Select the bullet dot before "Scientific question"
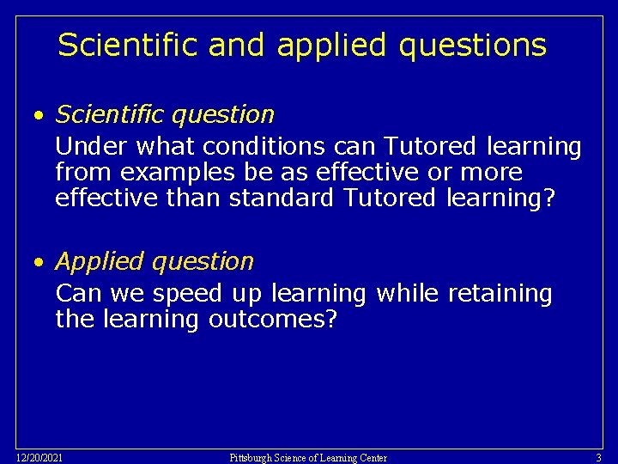point(39,115)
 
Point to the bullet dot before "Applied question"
point(39,262)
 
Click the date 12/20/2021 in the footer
point(39,457)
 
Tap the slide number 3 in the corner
point(598,457)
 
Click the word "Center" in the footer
point(370,457)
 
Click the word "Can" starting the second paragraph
point(78,294)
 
